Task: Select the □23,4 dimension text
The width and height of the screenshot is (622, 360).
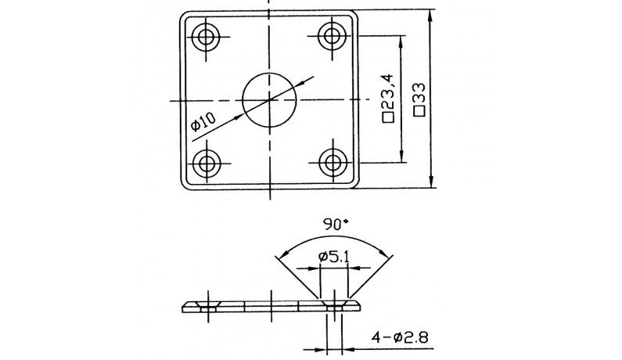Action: pyautogui.click(x=389, y=98)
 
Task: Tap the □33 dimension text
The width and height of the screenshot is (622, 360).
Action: pyautogui.click(x=419, y=99)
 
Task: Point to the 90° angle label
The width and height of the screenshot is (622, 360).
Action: pyautogui.click(x=336, y=225)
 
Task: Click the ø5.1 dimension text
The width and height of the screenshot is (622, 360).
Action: pyautogui.click(x=334, y=257)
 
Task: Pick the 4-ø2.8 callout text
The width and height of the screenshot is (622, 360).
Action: pyautogui.click(x=400, y=338)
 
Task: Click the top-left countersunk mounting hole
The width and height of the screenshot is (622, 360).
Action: pyautogui.click(x=206, y=38)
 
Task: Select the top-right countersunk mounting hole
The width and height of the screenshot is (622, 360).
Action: pyautogui.click(x=333, y=36)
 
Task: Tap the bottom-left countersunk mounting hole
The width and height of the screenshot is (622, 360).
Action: pyautogui.click(x=206, y=163)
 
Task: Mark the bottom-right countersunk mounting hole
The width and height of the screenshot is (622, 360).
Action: pyautogui.click(x=333, y=162)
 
